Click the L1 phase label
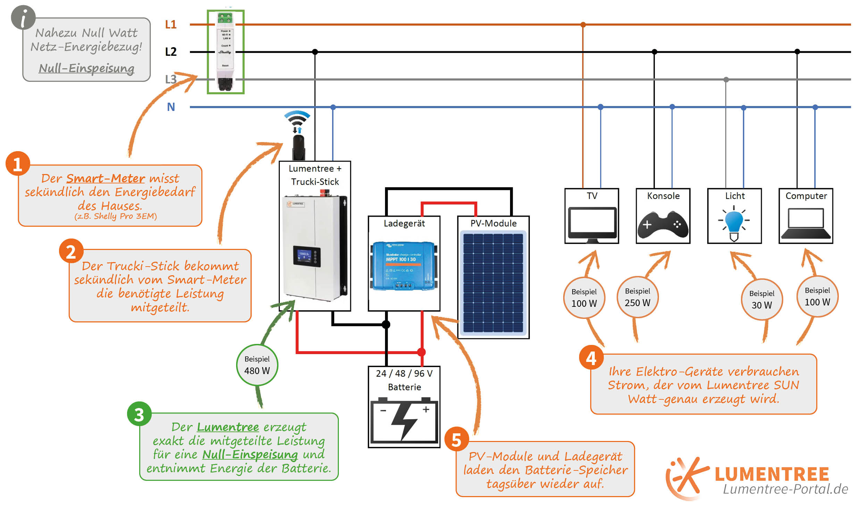tap(170, 25)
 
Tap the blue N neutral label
tap(171, 107)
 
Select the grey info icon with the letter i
tap(23, 18)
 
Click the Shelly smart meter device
tap(225, 52)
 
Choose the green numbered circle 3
tap(139, 414)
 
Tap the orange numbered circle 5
tap(457, 440)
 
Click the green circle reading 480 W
tap(257, 365)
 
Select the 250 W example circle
tap(637, 297)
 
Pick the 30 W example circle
tap(761, 300)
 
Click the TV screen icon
tap(592, 225)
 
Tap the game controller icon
tap(663, 225)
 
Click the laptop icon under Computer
tap(806, 224)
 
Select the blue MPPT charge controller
tap(404, 266)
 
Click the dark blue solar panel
tap(493, 283)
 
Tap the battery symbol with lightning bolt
tap(404, 421)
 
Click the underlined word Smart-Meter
tap(106, 178)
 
